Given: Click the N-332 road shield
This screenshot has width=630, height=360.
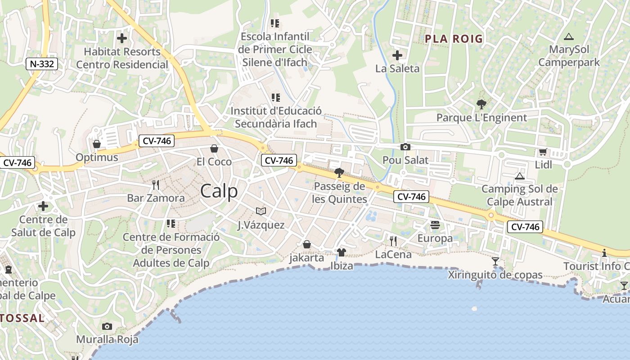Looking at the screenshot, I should click(42, 64).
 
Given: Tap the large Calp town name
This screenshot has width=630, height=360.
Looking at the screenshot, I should click(219, 191).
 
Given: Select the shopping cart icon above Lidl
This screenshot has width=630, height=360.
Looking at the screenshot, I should click(543, 152).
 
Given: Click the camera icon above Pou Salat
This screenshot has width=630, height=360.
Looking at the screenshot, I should click(405, 147).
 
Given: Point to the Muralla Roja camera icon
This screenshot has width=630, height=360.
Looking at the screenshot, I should click(107, 326).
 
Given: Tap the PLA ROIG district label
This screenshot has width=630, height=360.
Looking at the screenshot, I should click(454, 39).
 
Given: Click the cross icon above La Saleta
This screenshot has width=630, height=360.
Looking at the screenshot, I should click(397, 55).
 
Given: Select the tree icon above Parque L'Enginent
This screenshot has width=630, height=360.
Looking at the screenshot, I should click(481, 105).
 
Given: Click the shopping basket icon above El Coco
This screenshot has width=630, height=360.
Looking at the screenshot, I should click(214, 148).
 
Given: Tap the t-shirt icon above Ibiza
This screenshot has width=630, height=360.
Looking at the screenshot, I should click(341, 252).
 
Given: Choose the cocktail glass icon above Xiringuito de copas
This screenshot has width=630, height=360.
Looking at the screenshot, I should click(495, 261).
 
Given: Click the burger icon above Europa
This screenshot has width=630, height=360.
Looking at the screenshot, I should click(435, 225).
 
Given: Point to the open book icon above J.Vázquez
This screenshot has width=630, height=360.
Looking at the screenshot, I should click(261, 211).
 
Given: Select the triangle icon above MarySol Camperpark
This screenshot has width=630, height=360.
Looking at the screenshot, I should click(569, 36).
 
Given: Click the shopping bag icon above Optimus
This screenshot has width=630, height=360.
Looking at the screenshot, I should click(96, 144).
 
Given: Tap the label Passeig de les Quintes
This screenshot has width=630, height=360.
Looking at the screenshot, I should click(339, 193).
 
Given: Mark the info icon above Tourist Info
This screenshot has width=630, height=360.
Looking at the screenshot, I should click(604, 253).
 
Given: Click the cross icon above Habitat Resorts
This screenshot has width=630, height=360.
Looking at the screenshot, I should click(121, 38).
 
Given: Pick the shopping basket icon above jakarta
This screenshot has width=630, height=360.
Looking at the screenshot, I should click(306, 244).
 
